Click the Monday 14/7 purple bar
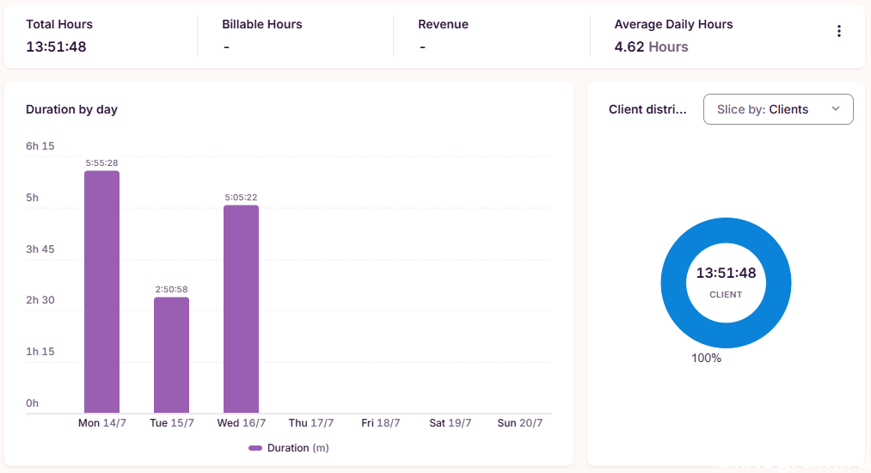tap(101, 292)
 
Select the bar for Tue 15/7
tap(172, 355)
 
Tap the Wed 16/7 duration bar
tap(241, 309)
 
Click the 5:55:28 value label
tap(101, 163)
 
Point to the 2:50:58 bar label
tap(172, 289)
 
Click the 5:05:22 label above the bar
tap(241, 197)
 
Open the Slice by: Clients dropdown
tap(778, 109)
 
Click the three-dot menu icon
tap(839, 31)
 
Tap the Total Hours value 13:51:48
tap(56, 46)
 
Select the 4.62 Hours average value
tap(651, 46)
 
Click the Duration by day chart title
tap(71, 109)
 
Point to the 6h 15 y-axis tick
tap(40, 146)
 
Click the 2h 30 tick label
tap(40, 300)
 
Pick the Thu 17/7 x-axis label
tap(311, 423)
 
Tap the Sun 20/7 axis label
tap(520, 423)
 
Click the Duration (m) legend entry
tap(289, 448)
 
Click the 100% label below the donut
tap(706, 359)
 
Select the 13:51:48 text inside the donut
tap(726, 273)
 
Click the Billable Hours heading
tap(262, 24)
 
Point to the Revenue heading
tap(444, 24)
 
